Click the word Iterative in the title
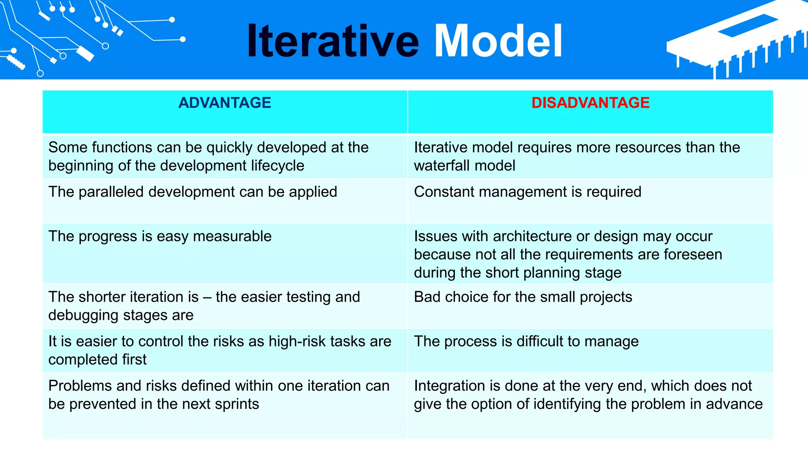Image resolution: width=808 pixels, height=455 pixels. click(333, 41)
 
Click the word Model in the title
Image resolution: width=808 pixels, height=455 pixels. click(498, 41)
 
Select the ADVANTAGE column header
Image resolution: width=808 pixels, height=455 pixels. click(224, 103)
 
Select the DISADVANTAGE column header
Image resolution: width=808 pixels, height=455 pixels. click(590, 103)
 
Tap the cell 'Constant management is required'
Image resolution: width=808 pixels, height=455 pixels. click(527, 192)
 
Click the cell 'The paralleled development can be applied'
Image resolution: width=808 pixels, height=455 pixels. click(193, 192)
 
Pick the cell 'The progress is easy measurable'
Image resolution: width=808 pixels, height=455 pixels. click(160, 236)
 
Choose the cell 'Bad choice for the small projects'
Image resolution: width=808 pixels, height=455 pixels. click(523, 297)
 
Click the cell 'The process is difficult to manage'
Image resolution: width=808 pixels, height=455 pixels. click(526, 341)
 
